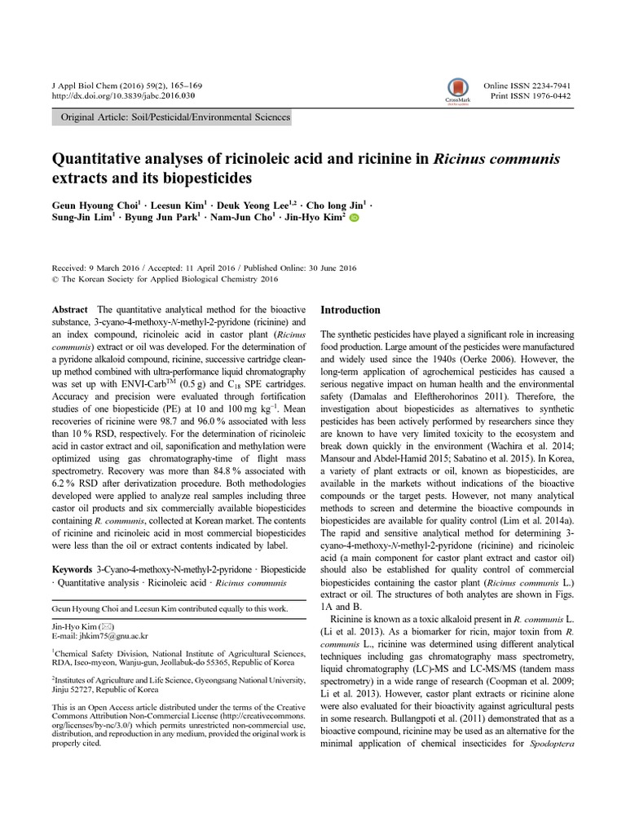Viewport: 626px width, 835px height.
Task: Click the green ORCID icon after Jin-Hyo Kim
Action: click(x=354, y=219)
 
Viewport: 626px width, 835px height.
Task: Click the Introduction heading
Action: click(x=350, y=310)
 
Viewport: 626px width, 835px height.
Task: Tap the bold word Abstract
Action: click(x=69, y=310)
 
